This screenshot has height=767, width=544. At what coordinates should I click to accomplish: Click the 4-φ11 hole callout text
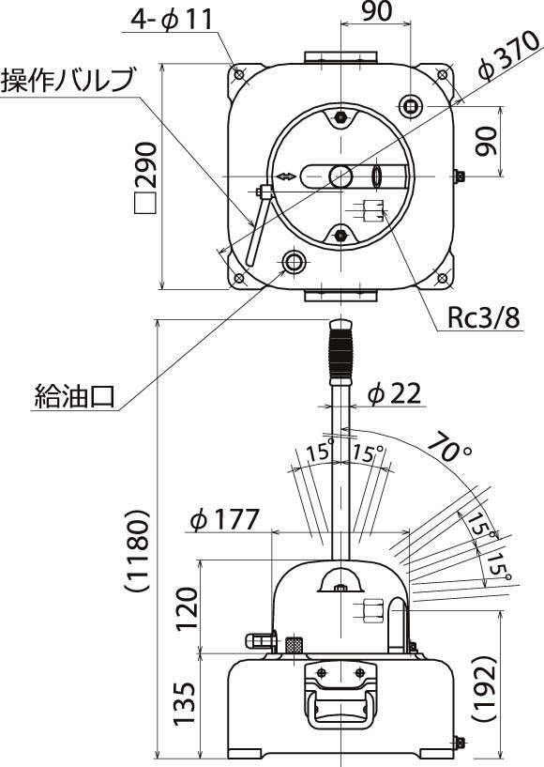tap(172, 20)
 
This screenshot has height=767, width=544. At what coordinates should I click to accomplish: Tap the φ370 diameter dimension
tap(508, 56)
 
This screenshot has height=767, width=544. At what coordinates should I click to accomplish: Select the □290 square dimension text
tap(145, 178)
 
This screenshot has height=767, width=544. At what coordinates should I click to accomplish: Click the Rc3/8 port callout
tap(483, 318)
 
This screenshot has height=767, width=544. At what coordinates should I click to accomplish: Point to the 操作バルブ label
tap(67, 80)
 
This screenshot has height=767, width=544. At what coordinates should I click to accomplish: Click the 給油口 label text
tap(74, 396)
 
